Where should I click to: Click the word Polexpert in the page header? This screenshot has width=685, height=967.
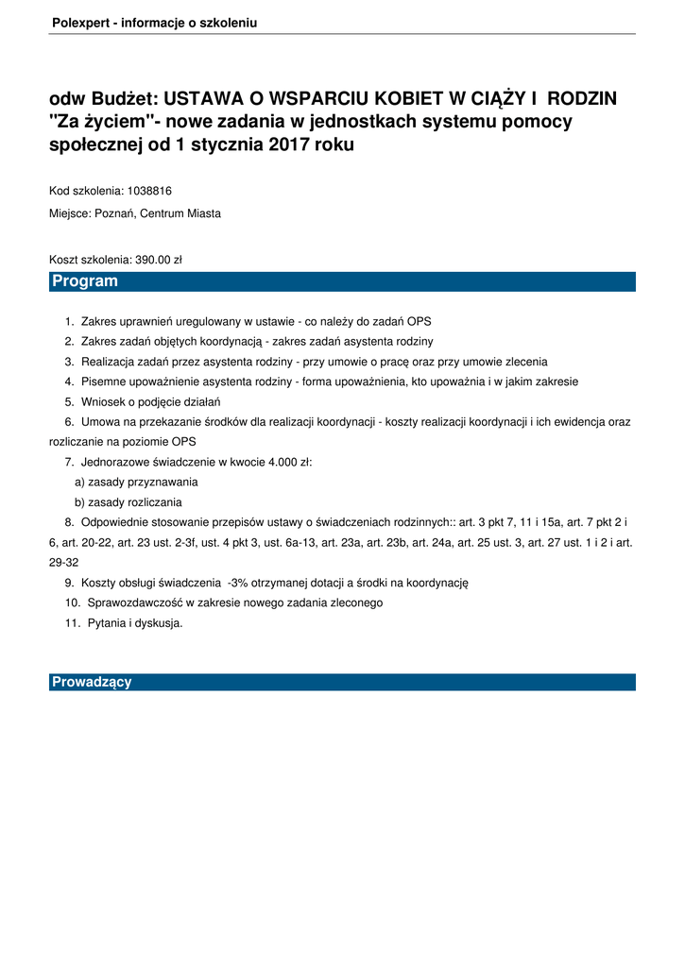(78, 22)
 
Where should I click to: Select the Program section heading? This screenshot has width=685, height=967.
(85, 281)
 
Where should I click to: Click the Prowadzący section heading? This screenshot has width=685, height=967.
(92, 682)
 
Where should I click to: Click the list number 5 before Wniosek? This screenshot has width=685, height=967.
(69, 401)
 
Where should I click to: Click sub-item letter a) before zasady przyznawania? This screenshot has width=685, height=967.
(80, 482)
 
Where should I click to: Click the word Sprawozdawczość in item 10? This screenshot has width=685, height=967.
(134, 602)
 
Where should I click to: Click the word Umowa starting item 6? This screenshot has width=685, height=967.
(100, 421)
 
